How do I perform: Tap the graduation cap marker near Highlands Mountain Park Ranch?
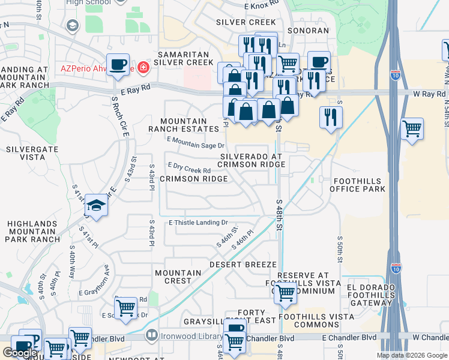(x=96, y=206)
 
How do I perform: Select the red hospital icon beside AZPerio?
(x=143, y=67)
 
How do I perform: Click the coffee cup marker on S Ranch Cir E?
(x=118, y=64)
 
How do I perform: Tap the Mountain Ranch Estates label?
(x=183, y=124)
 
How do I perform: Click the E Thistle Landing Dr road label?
(x=199, y=222)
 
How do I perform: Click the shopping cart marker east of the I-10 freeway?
(x=412, y=128)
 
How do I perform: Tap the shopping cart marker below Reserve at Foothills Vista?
(x=285, y=293)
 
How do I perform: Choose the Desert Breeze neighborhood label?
(x=243, y=264)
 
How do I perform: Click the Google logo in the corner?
(x=20, y=353)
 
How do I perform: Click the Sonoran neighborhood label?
(x=308, y=31)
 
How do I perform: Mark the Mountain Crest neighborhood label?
(x=178, y=276)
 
